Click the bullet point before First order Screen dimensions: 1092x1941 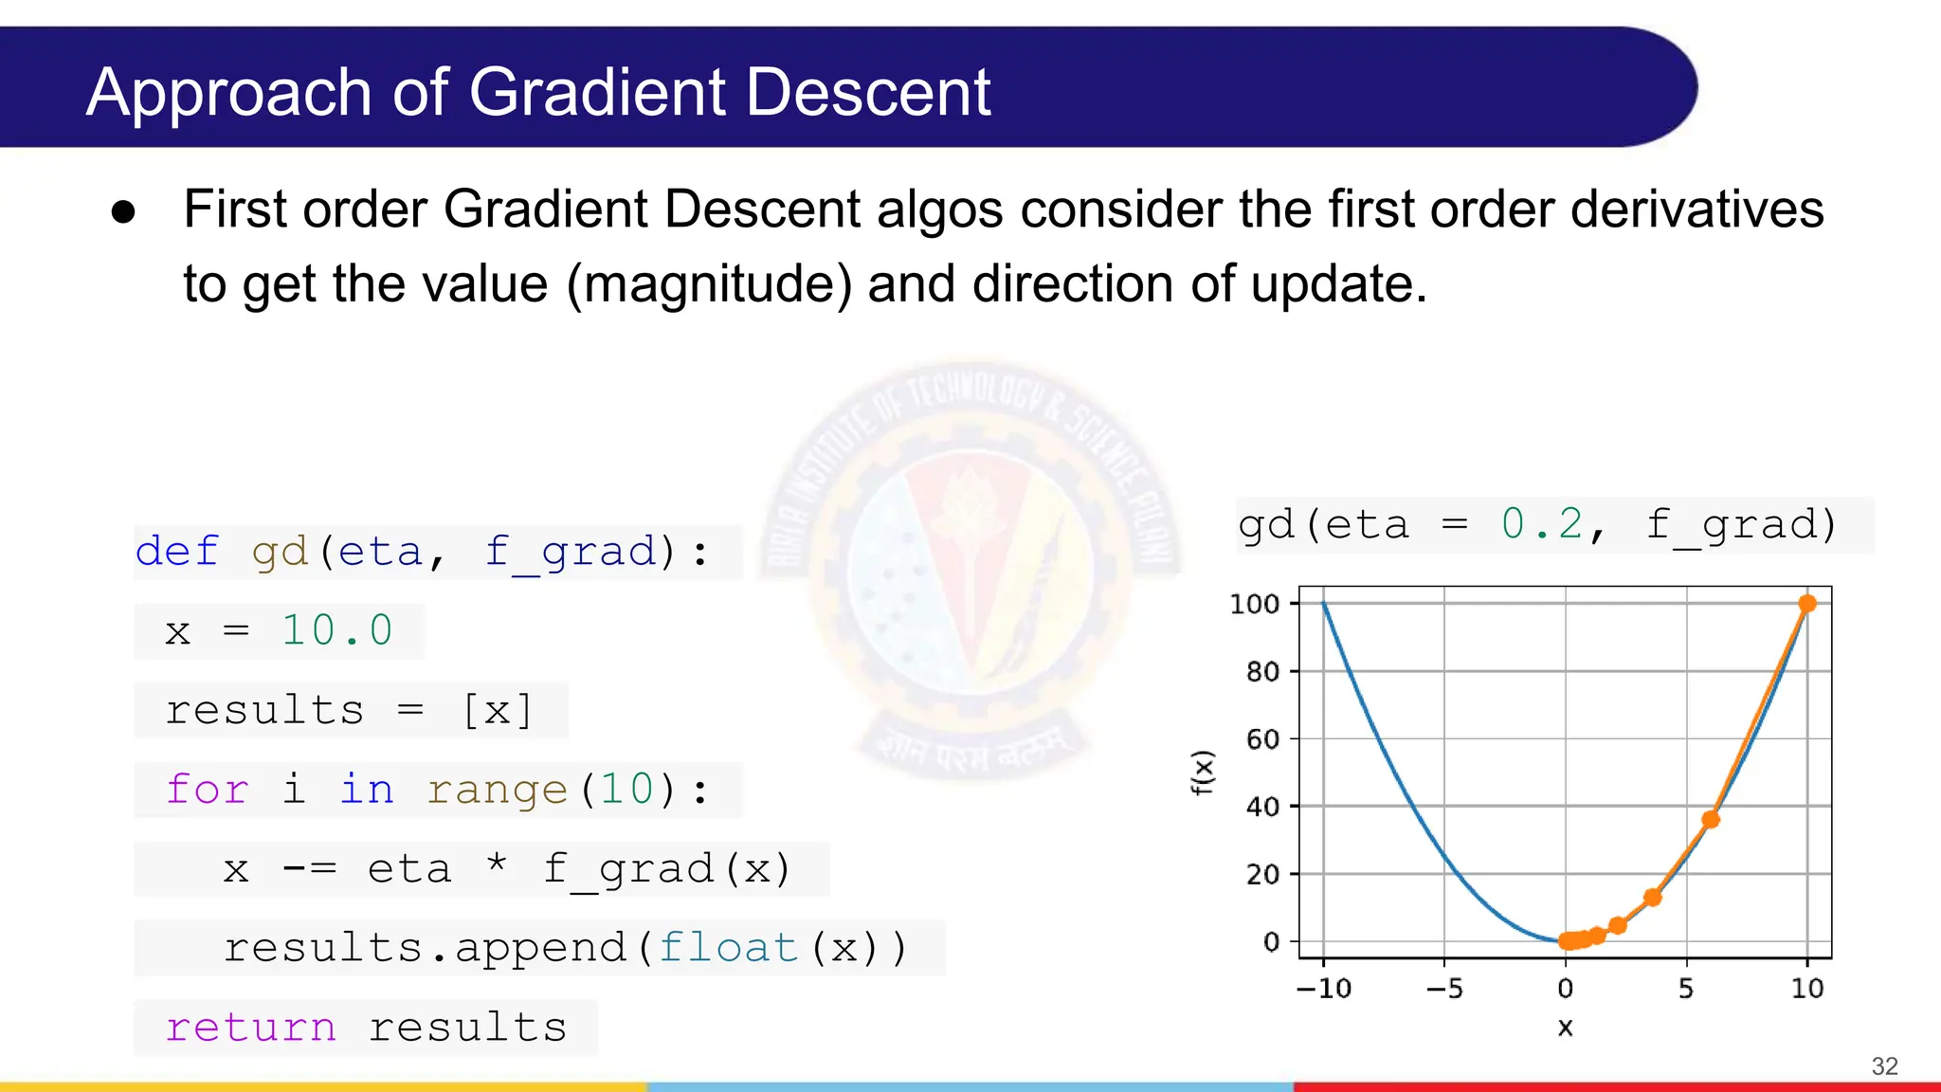[x=123, y=211]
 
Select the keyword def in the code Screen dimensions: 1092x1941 [x=176, y=552]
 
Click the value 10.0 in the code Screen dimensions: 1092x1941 [x=337, y=631]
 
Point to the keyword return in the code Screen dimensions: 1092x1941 [x=250, y=1028]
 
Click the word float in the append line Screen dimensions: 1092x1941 [x=728, y=948]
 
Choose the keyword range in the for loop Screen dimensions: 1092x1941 [x=497, y=790]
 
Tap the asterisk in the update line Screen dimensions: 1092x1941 [x=497, y=865]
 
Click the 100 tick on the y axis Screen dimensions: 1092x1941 [x=1254, y=604]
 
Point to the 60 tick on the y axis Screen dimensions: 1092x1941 [x=1262, y=739]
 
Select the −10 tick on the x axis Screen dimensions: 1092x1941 [x=1324, y=989]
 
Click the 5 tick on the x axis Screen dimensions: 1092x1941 [x=1686, y=989]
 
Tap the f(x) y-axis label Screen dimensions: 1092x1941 [x=1202, y=772]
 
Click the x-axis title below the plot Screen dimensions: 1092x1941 [x=1566, y=1028]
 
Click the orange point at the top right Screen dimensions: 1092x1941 [x=1807, y=604]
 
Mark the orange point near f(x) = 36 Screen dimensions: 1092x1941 [x=1711, y=819]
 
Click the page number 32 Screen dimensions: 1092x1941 [x=1884, y=1066]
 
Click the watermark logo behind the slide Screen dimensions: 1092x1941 [x=971, y=569]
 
